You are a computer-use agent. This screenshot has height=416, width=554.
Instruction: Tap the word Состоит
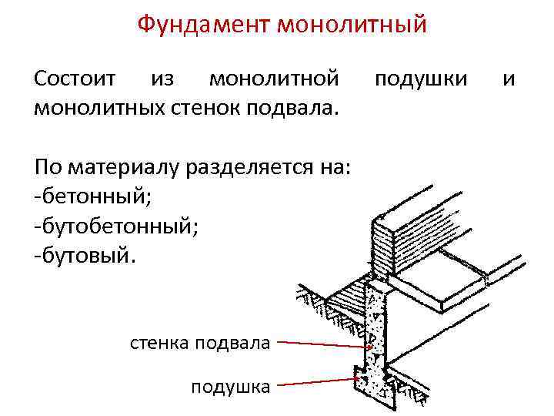75,79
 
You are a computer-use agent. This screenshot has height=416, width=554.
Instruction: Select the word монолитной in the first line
274,79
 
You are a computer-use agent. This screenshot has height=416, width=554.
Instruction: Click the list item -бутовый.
85,254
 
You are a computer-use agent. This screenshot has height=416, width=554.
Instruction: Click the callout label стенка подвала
201,343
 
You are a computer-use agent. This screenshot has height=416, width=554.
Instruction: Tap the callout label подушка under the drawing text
231,386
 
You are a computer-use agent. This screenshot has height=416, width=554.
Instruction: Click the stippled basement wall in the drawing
375,331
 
